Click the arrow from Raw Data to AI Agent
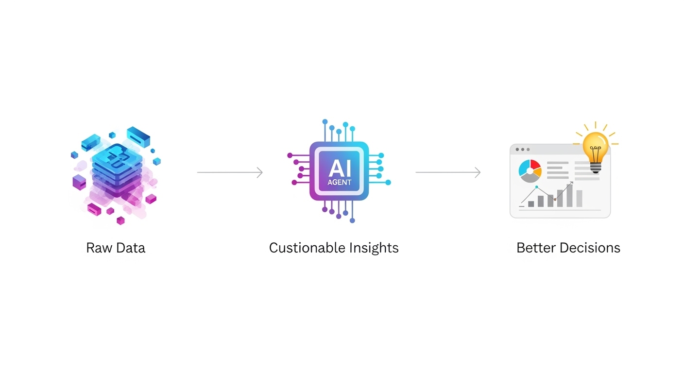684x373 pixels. [x=230, y=172]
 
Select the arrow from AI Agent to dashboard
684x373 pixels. [x=448, y=172]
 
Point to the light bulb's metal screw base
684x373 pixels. [x=596, y=168]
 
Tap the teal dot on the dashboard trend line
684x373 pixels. [x=537, y=187]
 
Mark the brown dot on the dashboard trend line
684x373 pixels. [x=555, y=199]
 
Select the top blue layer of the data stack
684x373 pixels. [x=117, y=155]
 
